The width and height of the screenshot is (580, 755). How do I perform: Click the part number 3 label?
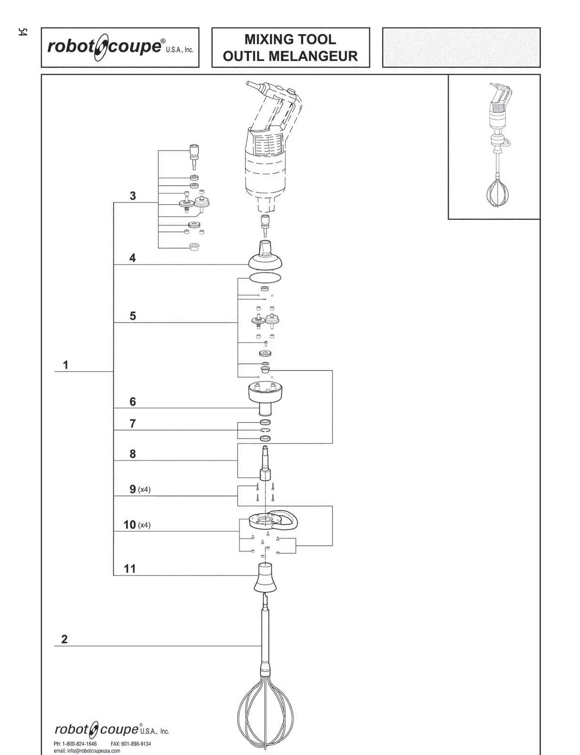point(133,195)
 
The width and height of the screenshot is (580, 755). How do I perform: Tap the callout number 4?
point(132,258)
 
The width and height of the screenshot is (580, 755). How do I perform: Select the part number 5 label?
point(133,316)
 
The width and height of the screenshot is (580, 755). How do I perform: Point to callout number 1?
point(65,365)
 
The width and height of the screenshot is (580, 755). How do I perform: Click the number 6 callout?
point(133,402)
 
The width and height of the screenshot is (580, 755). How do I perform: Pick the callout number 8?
point(133,454)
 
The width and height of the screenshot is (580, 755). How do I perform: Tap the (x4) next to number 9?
point(144,489)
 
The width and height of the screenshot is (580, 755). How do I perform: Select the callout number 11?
point(130,569)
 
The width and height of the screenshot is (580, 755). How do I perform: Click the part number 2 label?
point(64,640)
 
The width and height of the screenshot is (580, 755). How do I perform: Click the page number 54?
point(22,32)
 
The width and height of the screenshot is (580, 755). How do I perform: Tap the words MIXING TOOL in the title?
point(290,39)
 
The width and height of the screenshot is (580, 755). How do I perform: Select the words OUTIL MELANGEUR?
point(290,56)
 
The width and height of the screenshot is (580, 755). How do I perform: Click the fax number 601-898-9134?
point(130,744)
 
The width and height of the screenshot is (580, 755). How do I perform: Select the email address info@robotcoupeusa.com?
point(87,750)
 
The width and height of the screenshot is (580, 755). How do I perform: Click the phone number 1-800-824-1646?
point(75,744)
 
